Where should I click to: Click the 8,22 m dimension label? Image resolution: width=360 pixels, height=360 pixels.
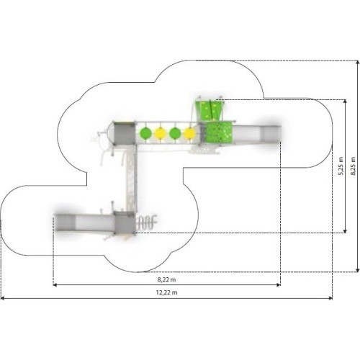click(166, 279)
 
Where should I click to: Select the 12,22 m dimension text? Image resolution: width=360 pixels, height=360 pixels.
click(167, 292)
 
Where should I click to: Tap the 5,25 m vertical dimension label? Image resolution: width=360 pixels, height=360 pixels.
click(341, 166)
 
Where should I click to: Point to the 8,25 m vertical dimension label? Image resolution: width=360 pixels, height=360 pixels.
click(353, 166)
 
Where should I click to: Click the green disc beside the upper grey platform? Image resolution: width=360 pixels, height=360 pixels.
click(145, 133)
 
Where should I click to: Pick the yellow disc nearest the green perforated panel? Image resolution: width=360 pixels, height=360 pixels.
click(189, 133)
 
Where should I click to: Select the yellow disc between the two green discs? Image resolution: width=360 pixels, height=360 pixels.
click(161, 133)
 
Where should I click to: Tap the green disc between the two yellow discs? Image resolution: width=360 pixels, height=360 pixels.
click(175, 133)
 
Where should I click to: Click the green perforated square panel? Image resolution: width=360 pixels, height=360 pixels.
click(219, 132)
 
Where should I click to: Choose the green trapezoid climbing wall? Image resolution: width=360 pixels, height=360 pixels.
click(210, 110)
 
